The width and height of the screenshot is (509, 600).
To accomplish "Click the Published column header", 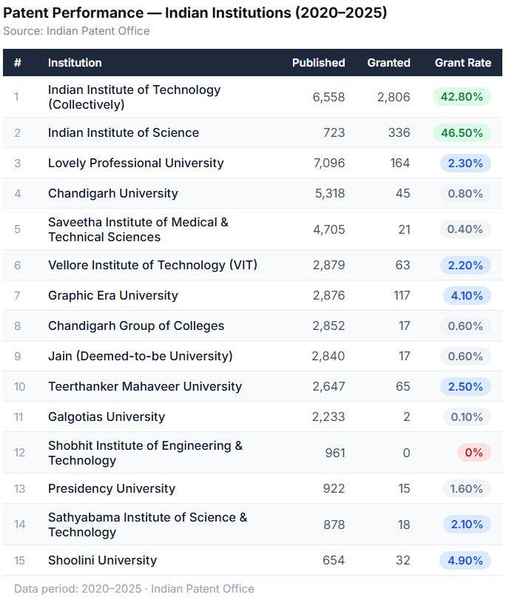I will [x=318, y=63].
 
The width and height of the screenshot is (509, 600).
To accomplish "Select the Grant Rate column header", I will [x=462, y=63].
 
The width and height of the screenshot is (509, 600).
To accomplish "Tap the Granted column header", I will [x=388, y=63].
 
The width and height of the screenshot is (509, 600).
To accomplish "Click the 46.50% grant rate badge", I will [x=462, y=133].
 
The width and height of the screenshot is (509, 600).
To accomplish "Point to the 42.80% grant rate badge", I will [x=462, y=97].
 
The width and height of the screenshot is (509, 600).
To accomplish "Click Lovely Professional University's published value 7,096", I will [x=328, y=164].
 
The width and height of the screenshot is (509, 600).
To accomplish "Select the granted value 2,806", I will [x=393, y=97].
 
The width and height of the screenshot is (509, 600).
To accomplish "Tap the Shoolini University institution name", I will [x=102, y=561].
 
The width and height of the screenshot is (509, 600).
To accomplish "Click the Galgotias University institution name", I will [x=106, y=417].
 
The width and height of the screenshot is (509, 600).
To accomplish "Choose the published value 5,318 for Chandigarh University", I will [x=328, y=194].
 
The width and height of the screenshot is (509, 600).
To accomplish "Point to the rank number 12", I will [x=19, y=453].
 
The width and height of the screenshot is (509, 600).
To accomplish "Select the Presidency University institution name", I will [x=112, y=489].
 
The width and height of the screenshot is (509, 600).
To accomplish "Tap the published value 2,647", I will [x=328, y=387].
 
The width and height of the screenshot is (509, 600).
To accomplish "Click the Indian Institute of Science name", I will [x=124, y=133].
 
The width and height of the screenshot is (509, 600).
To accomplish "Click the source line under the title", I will [x=76, y=31].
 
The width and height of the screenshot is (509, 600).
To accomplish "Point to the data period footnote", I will [x=134, y=589].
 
